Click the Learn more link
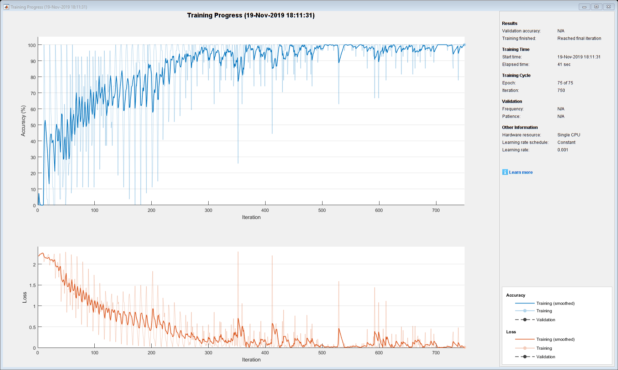point(520,172)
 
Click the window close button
point(609,7)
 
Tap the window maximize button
point(597,7)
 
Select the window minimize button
point(584,7)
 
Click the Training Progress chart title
point(251,15)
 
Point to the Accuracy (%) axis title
point(23,121)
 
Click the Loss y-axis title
point(25,297)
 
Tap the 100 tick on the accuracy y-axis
point(32,45)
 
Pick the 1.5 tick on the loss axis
point(32,285)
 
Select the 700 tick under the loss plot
point(436,353)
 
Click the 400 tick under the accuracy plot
point(265,210)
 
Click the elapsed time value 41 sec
point(564,64)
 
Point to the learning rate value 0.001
point(563,150)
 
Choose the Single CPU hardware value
point(569,135)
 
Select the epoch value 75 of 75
point(565,83)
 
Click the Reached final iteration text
point(579,38)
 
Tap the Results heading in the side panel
point(509,24)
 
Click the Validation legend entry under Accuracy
point(545,320)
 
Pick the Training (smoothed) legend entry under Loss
point(555,339)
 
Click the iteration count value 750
point(561,90)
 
